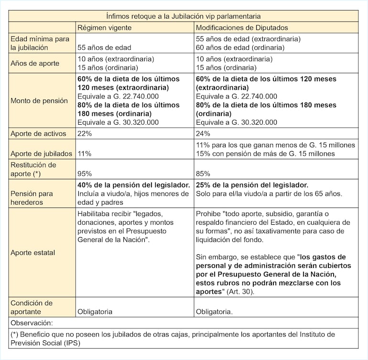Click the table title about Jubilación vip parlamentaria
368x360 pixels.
point(184,15)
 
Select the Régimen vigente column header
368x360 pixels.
point(105,27)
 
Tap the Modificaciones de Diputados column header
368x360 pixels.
point(242,27)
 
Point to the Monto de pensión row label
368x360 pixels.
point(39,101)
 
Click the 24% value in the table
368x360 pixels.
point(203,134)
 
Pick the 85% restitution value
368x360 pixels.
point(203,174)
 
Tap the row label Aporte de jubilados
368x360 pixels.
point(41,153)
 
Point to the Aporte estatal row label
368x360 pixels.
point(32,252)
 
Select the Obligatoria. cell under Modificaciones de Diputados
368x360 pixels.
point(214,311)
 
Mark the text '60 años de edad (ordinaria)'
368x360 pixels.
point(240,47)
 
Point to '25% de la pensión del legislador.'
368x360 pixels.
point(252,185)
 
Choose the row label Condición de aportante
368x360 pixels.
point(32,307)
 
